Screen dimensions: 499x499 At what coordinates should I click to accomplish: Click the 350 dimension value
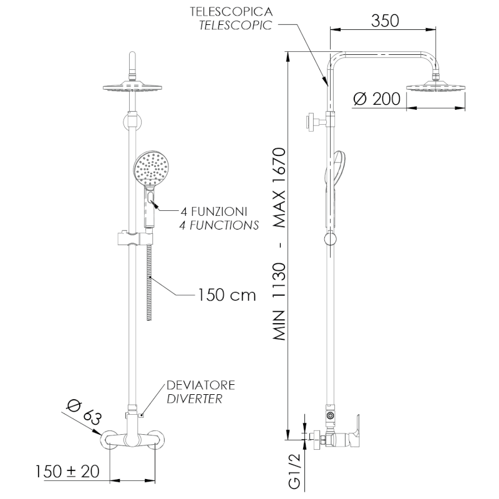tap(385, 20)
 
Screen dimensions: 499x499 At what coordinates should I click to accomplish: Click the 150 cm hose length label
tap(226, 294)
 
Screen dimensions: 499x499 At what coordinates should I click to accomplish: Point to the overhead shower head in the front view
tap(132, 88)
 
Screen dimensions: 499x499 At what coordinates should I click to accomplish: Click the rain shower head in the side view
tap(436, 87)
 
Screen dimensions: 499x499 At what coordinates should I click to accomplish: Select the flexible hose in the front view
tap(150, 287)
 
